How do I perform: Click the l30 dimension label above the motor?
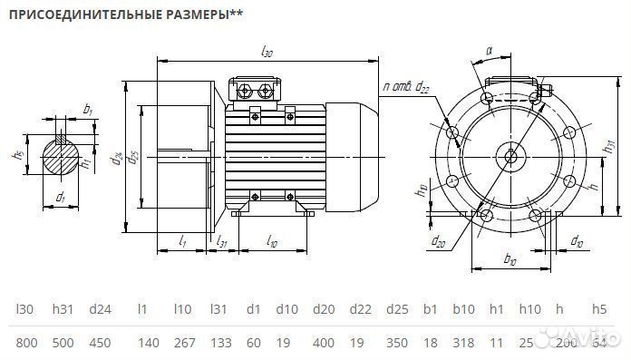coord(267,53)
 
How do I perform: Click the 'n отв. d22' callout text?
coord(406,86)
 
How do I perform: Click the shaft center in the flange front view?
coord(511,156)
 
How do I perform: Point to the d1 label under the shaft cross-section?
coord(59,197)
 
